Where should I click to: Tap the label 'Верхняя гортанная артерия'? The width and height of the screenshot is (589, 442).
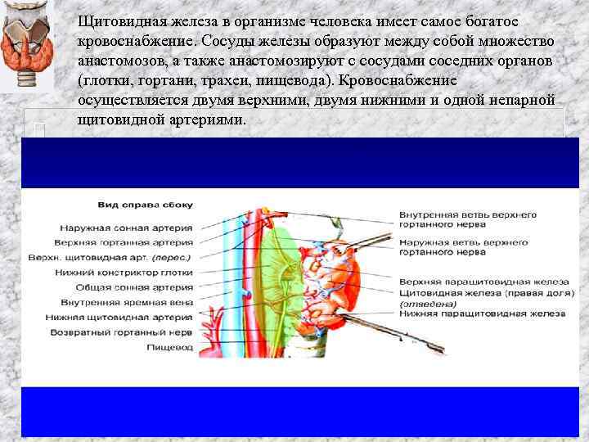click(x=124, y=243)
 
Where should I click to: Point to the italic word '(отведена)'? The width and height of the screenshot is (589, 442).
click(x=424, y=303)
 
